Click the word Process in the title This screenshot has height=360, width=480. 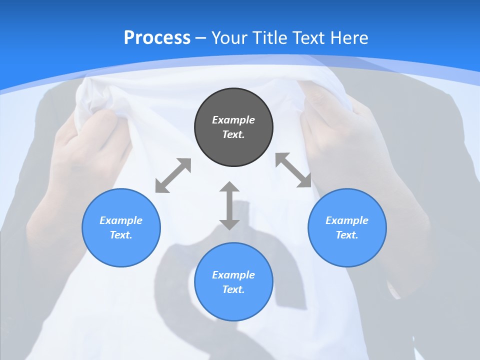[x=157, y=37]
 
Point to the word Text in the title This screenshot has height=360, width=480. [x=308, y=37]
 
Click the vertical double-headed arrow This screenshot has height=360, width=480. [x=229, y=205]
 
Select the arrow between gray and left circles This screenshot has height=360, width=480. [x=173, y=175]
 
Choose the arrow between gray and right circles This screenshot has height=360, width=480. [x=293, y=170]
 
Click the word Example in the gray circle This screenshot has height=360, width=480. [x=233, y=120]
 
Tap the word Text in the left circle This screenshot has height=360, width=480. [x=121, y=235]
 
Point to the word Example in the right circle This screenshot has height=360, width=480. [x=347, y=220]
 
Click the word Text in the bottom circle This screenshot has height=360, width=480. [x=233, y=289]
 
